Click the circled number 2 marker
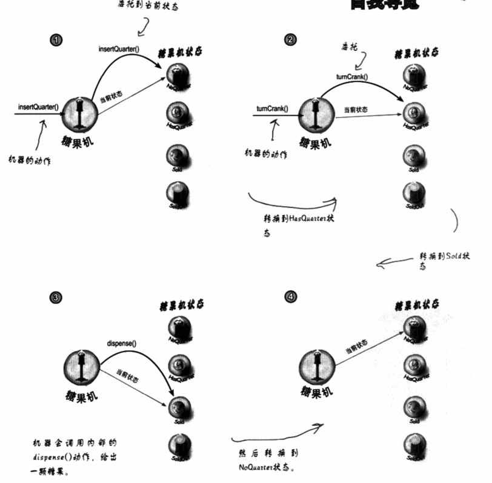[x=291, y=39]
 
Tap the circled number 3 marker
[x=56, y=297]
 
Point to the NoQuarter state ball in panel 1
[x=178, y=76]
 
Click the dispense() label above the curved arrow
[x=121, y=344]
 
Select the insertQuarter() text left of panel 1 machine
[x=38, y=107]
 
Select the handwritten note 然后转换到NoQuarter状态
[x=267, y=461]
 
